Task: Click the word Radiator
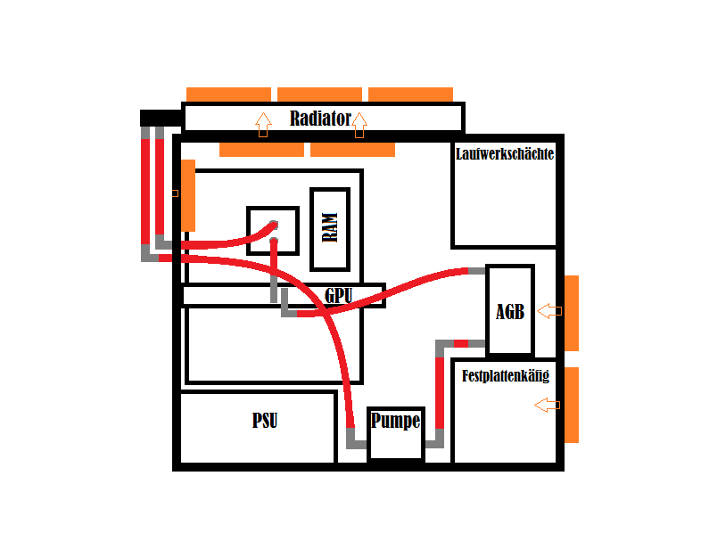[x=320, y=119]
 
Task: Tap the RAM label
[x=330, y=229]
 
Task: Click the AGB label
[x=510, y=311]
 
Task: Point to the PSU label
[x=265, y=421]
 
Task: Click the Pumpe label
[x=395, y=421]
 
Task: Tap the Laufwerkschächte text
[x=505, y=154]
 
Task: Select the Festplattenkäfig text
[x=506, y=376]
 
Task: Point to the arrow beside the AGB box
[x=549, y=310]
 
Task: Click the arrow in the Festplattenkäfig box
[x=547, y=406]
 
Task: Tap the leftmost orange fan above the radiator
[x=228, y=94]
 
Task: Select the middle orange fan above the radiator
[x=319, y=94]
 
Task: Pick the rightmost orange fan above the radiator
[x=410, y=94]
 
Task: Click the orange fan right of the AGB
[x=572, y=313]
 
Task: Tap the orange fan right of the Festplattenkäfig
[x=572, y=405]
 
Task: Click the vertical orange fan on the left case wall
[x=188, y=195]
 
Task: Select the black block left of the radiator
[x=161, y=118]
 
